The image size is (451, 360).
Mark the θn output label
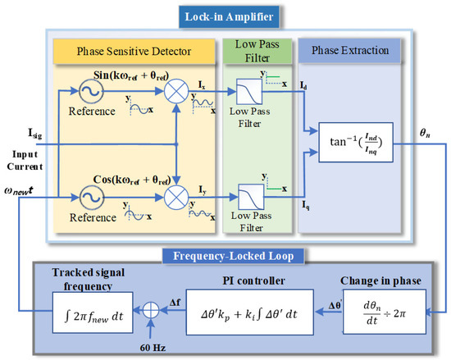[x=426, y=130]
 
